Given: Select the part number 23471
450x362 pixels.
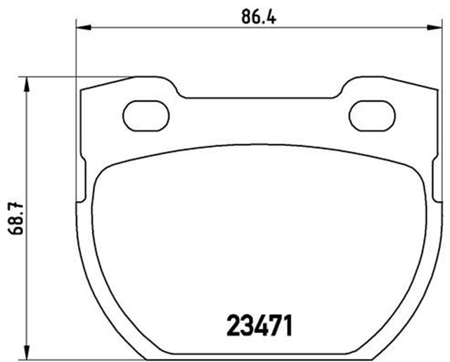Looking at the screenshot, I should tap(259, 325).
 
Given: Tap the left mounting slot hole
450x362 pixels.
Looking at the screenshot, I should tap(145, 115).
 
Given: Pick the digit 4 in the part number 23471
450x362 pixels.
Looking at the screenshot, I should tap(257, 325).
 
